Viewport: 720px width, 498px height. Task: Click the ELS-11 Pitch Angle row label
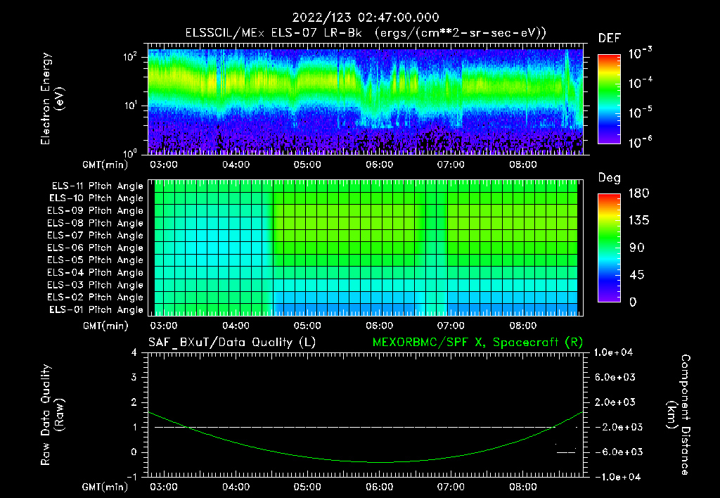pyautogui.click(x=97, y=186)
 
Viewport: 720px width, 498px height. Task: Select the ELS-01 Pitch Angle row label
pyautogui.click(x=97, y=310)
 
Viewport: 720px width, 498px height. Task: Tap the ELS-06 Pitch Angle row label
pyautogui.click(x=97, y=248)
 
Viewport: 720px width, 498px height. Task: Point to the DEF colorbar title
pyautogui.click(x=608, y=38)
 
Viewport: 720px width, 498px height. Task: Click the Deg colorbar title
pyautogui.click(x=608, y=178)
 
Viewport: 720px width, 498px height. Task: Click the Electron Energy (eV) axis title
pyautogui.click(x=53, y=98)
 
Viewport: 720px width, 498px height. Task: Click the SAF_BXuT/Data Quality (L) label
pyautogui.click(x=231, y=342)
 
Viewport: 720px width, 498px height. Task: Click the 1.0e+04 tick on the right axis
pyautogui.click(x=615, y=353)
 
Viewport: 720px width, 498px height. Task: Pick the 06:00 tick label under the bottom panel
pyautogui.click(x=379, y=487)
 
